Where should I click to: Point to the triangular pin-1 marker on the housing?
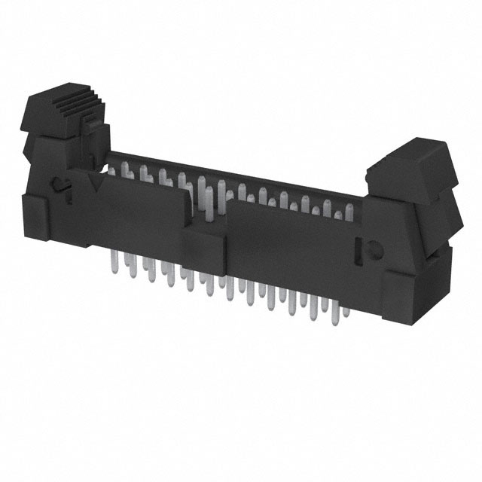[95, 181]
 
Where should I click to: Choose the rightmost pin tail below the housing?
[343, 310]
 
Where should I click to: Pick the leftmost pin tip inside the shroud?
[113, 172]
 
